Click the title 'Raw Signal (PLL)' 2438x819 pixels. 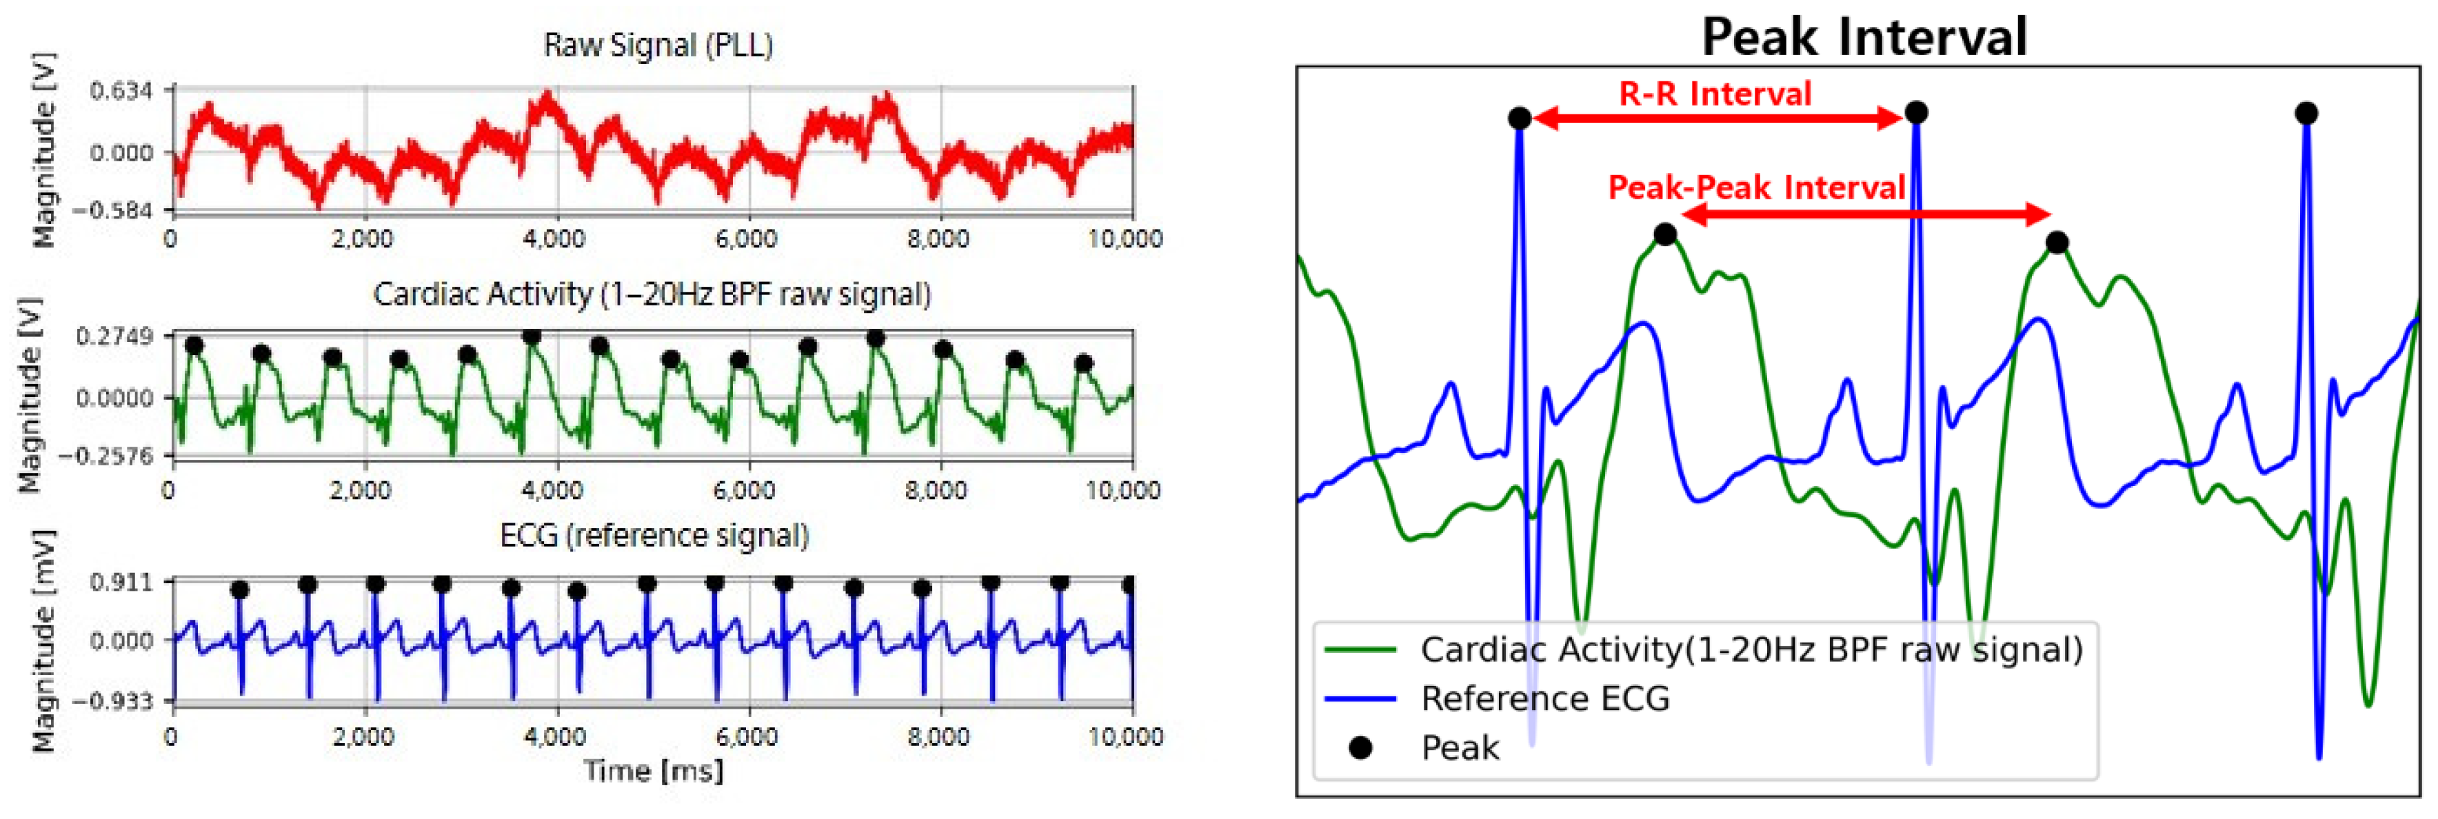(658, 45)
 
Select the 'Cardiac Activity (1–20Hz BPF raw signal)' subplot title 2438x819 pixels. (652, 294)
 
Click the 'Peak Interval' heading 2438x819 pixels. (1864, 38)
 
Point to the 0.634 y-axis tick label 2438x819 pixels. (120, 92)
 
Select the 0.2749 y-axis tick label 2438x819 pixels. (114, 337)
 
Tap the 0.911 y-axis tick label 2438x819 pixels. (120, 581)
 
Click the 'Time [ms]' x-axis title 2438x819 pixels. (653, 771)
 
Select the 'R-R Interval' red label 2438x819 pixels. (1715, 94)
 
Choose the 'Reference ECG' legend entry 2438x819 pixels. (1544, 699)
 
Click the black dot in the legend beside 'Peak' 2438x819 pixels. (1360, 748)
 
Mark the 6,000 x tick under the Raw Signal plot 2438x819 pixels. (747, 239)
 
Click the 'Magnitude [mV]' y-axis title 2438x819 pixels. (43, 641)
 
